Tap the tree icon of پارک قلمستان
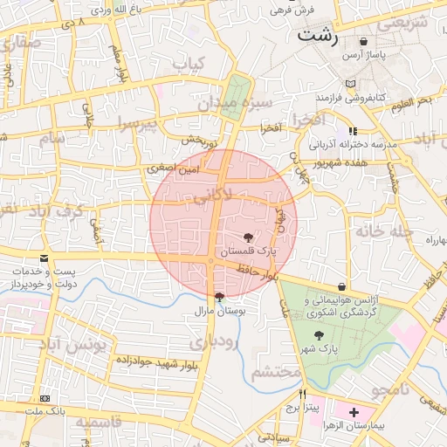pyautogui.click(x=249, y=237)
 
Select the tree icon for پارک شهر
pyautogui.click(x=318, y=335)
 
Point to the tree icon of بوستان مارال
pyautogui.click(x=218, y=296)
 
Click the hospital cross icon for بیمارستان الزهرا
pyautogui.click(x=353, y=411)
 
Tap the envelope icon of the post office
pyautogui.click(x=44, y=258)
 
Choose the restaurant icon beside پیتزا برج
pyautogui.click(x=303, y=394)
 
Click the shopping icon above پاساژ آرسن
pyautogui.click(x=363, y=41)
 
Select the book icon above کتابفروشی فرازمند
pyautogui.click(x=350, y=84)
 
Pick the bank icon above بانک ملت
pyautogui.click(x=45, y=398)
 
